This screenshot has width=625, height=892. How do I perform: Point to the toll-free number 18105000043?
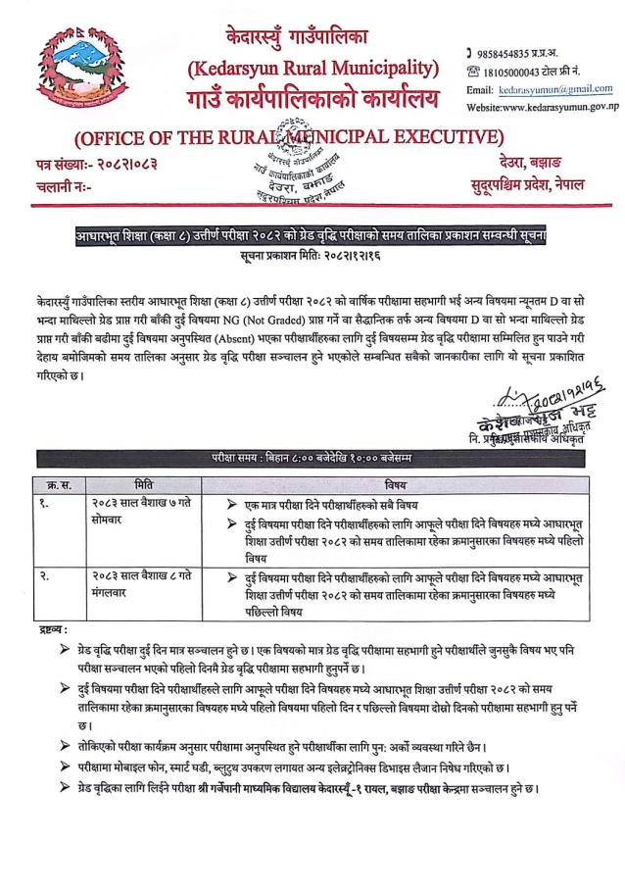(518, 70)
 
